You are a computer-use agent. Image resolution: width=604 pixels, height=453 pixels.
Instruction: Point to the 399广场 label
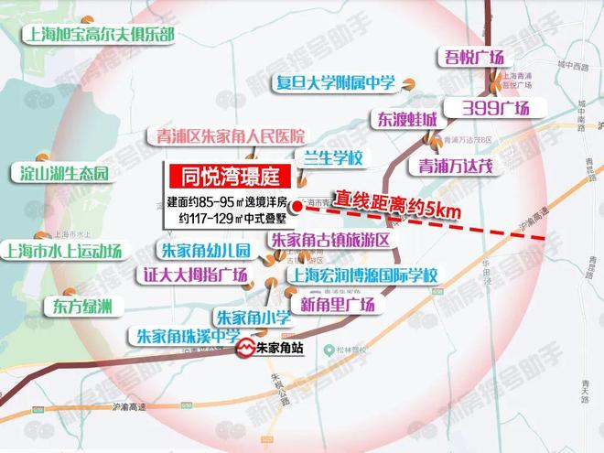point(495,107)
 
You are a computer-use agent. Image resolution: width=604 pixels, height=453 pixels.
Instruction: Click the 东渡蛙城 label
point(403,120)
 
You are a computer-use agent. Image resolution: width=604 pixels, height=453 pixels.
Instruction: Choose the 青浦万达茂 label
point(456,166)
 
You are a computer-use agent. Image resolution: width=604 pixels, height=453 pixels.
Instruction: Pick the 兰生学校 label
point(331,158)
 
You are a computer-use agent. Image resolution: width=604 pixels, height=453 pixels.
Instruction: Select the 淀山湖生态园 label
point(59,174)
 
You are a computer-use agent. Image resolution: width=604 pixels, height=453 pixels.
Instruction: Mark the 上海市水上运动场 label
point(62,251)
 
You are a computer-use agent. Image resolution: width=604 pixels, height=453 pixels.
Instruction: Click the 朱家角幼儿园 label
point(205,250)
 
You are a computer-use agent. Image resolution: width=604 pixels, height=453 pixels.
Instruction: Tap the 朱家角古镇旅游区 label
point(330,240)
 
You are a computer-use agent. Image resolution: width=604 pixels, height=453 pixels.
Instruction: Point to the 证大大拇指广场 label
point(196,275)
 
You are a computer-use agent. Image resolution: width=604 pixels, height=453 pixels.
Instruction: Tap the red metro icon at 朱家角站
point(246,349)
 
